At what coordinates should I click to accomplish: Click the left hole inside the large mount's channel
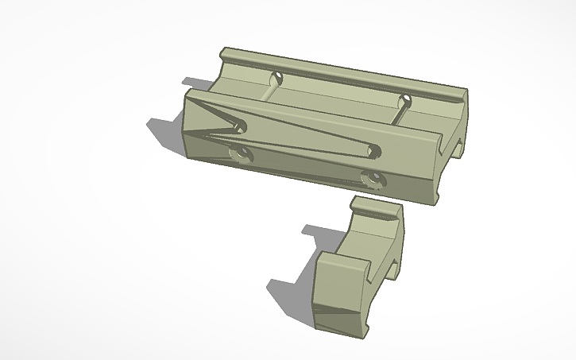point(277,79)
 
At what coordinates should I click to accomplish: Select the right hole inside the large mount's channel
point(405,102)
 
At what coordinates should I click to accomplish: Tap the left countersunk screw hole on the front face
point(240,152)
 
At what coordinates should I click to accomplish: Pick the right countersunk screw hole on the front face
point(370,177)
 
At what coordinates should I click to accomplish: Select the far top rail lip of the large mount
point(342,70)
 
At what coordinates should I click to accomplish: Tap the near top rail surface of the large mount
point(318,112)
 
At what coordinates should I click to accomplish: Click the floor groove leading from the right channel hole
point(396,115)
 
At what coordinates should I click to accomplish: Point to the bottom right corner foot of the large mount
point(437,199)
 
